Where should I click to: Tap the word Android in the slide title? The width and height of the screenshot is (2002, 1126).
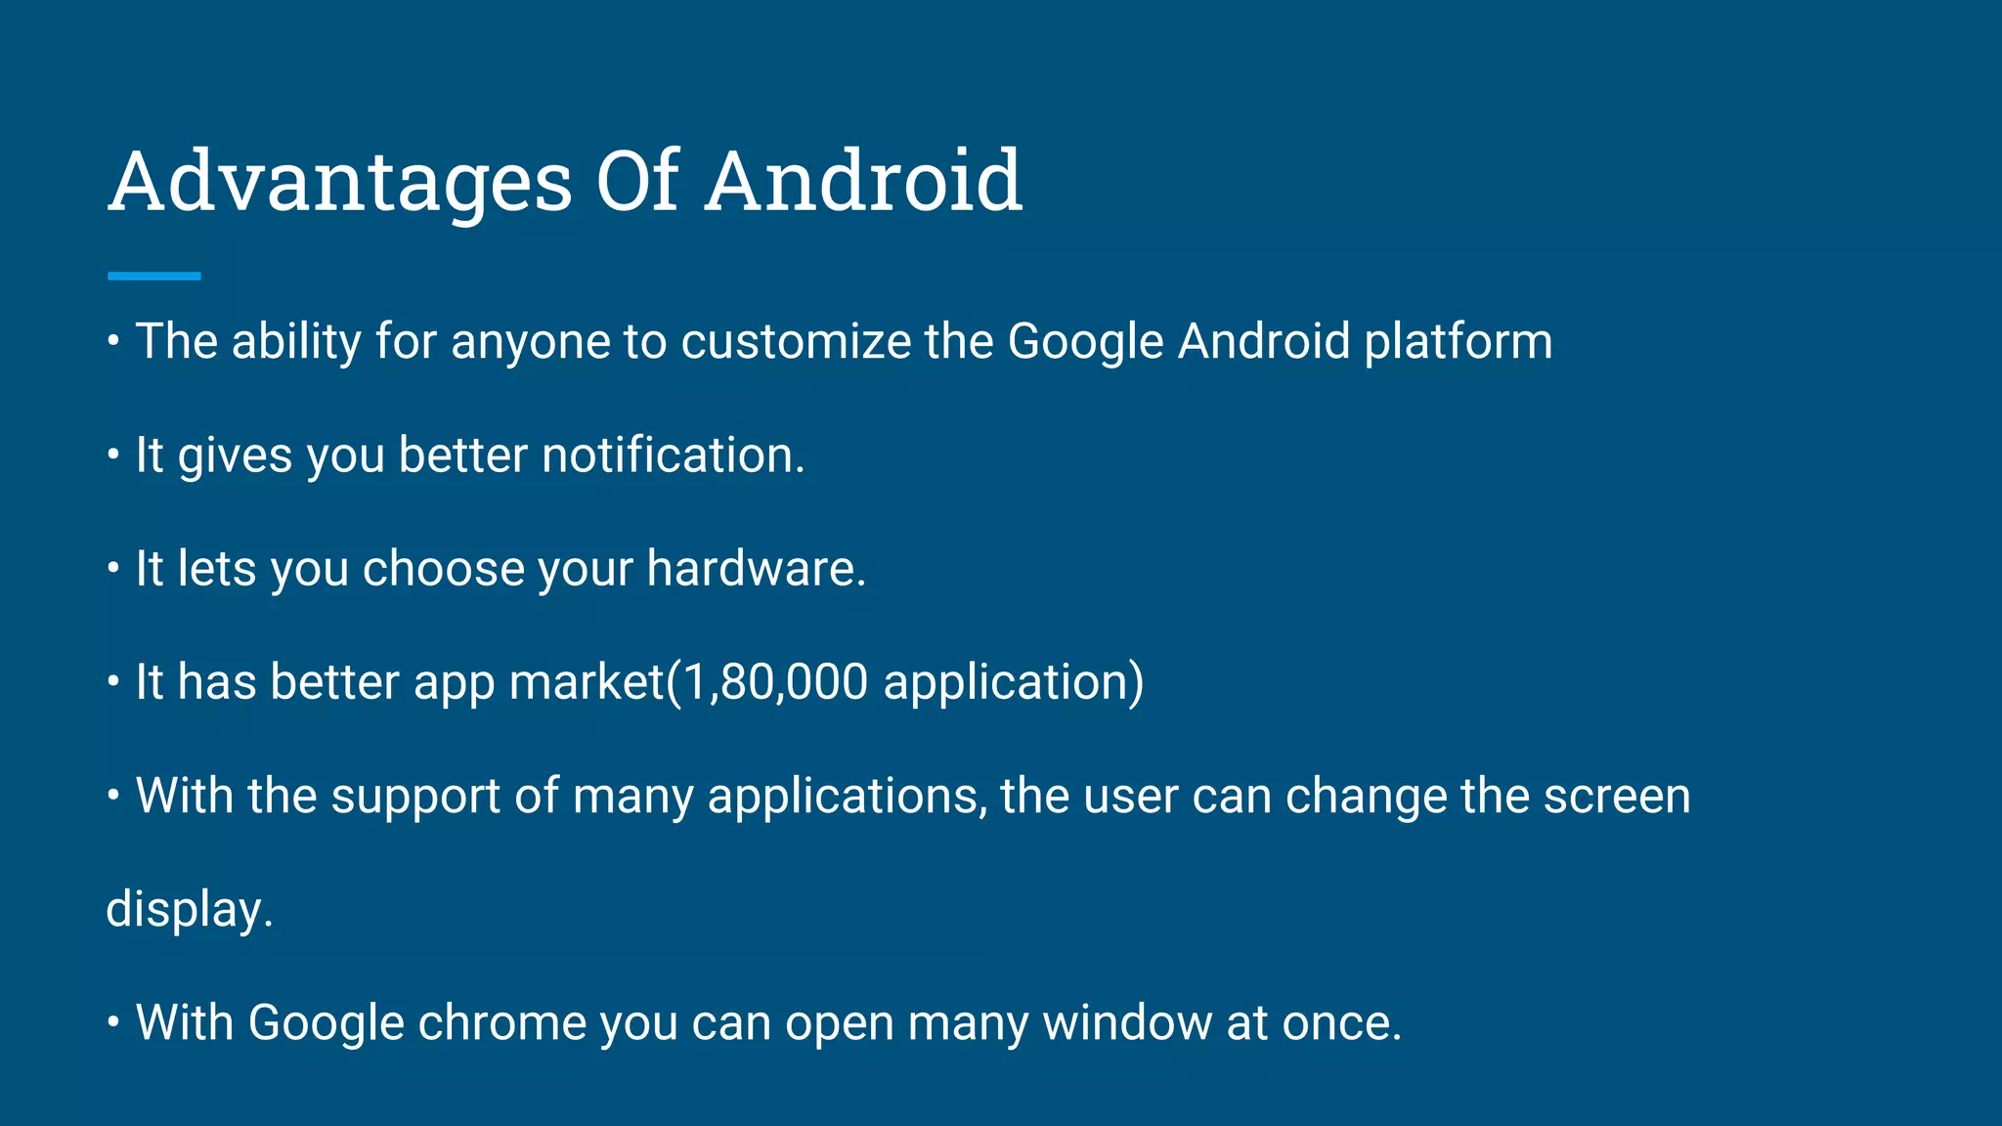click(x=863, y=182)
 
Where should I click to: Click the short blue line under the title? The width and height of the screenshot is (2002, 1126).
click(x=154, y=277)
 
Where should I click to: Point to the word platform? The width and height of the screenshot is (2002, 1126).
click(x=1458, y=342)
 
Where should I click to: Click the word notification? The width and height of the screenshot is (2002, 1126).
click(x=673, y=455)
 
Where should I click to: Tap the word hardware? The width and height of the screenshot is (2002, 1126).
click(x=756, y=569)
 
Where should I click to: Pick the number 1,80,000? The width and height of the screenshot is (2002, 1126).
click(x=775, y=682)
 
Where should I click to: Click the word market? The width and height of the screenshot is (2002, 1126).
click(x=587, y=682)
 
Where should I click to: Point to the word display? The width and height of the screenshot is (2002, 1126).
click(x=189, y=910)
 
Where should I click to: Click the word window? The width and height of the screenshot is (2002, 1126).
click(x=1127, y=1023)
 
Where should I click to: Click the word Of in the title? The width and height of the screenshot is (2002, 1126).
click(x=637, y=182)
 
